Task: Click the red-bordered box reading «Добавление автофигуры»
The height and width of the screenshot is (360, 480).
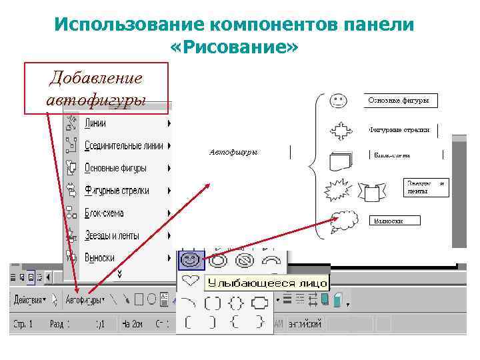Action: click(96, 88)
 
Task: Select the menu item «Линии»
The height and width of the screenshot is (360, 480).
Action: click(95, 123)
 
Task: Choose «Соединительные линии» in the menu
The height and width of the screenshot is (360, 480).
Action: click(123, 145)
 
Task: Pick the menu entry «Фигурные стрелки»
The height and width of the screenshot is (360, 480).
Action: click(116, 190)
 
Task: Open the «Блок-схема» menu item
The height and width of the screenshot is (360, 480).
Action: click(104, 213)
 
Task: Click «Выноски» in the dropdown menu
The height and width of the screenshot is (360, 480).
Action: click(99, 257)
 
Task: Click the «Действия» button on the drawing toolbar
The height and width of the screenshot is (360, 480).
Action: click(34, 300)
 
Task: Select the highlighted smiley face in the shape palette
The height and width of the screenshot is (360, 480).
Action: click(190, 259)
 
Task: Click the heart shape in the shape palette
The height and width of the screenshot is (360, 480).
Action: click(190, 281)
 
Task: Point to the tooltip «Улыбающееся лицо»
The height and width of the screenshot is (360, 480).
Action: click(265, 283)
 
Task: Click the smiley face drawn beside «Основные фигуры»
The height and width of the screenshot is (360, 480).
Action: click(338, 101)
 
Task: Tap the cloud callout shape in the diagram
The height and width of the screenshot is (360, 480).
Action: click(345, 219)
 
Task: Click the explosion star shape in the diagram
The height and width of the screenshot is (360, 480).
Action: click(337, 191)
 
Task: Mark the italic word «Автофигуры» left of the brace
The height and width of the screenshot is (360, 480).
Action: click(233, 153)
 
